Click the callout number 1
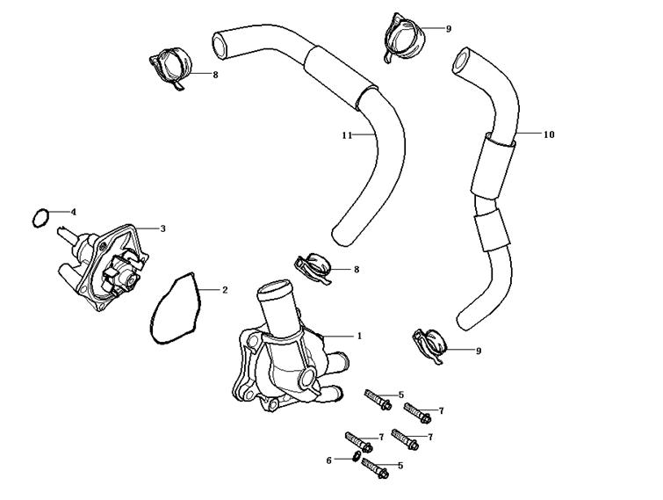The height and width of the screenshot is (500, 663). (358, 336)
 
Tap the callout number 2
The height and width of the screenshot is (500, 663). (225, 289)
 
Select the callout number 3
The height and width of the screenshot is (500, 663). (162, 228)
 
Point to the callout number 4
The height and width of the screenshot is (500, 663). (74, 212)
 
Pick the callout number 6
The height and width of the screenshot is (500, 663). (329, 460)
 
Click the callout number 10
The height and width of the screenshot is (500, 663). (549, 134)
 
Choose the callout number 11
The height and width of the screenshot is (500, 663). (347, 135)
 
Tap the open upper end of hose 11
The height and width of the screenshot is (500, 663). (219, 42)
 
